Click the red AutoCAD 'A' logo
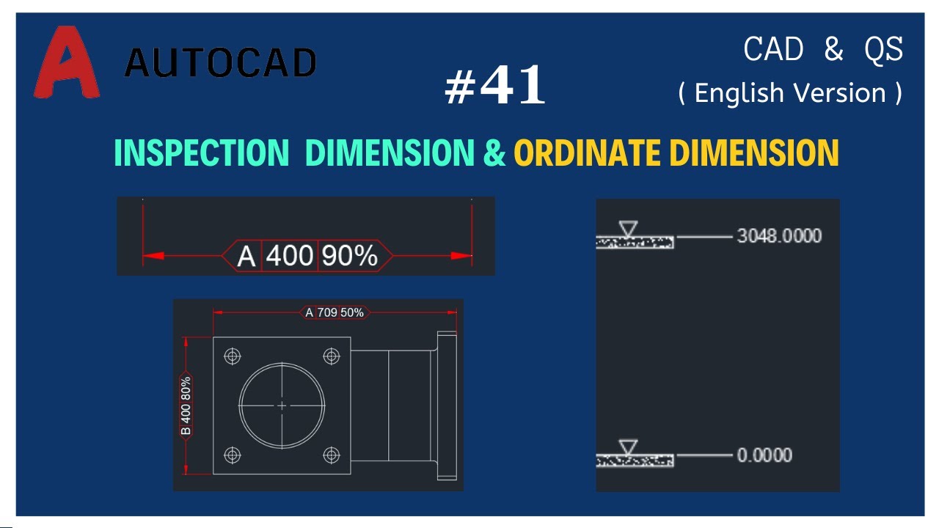pyautogui.click(x=66, y=63)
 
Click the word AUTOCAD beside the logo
pyautogui.click(x=220, y=63)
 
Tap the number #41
pyautogui.click(x=496, y=85)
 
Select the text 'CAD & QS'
pyautogui.click(x=823, y=50)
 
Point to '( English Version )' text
pyautogui.click(x=790, y=93)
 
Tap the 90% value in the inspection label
pyautogui.click(x=349, y=255)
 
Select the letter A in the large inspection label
pyautogui.click(x=247, y=256)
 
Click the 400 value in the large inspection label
pyautogui.click(x=289, y=255)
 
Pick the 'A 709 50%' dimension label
pyautogui.click(x=335, y=312)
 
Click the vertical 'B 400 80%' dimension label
pyautogui.click(x=186, y=406)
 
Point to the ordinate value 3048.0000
pyautogui.click(x=779, y=236)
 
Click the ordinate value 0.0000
pyautogui.click(x=764, y=455)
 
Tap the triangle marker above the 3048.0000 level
pyautogui.click(x=628, y=229)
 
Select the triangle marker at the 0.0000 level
pyautogui.click(x=628, y=447)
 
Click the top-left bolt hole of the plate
pyautogui.click(x=233, y=356)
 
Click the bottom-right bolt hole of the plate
pyautogui.click(x=332, y=455)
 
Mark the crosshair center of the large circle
pyautogui.click(x=282, y=406)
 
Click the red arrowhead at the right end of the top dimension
pyautogui.click(x=462, y=256)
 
